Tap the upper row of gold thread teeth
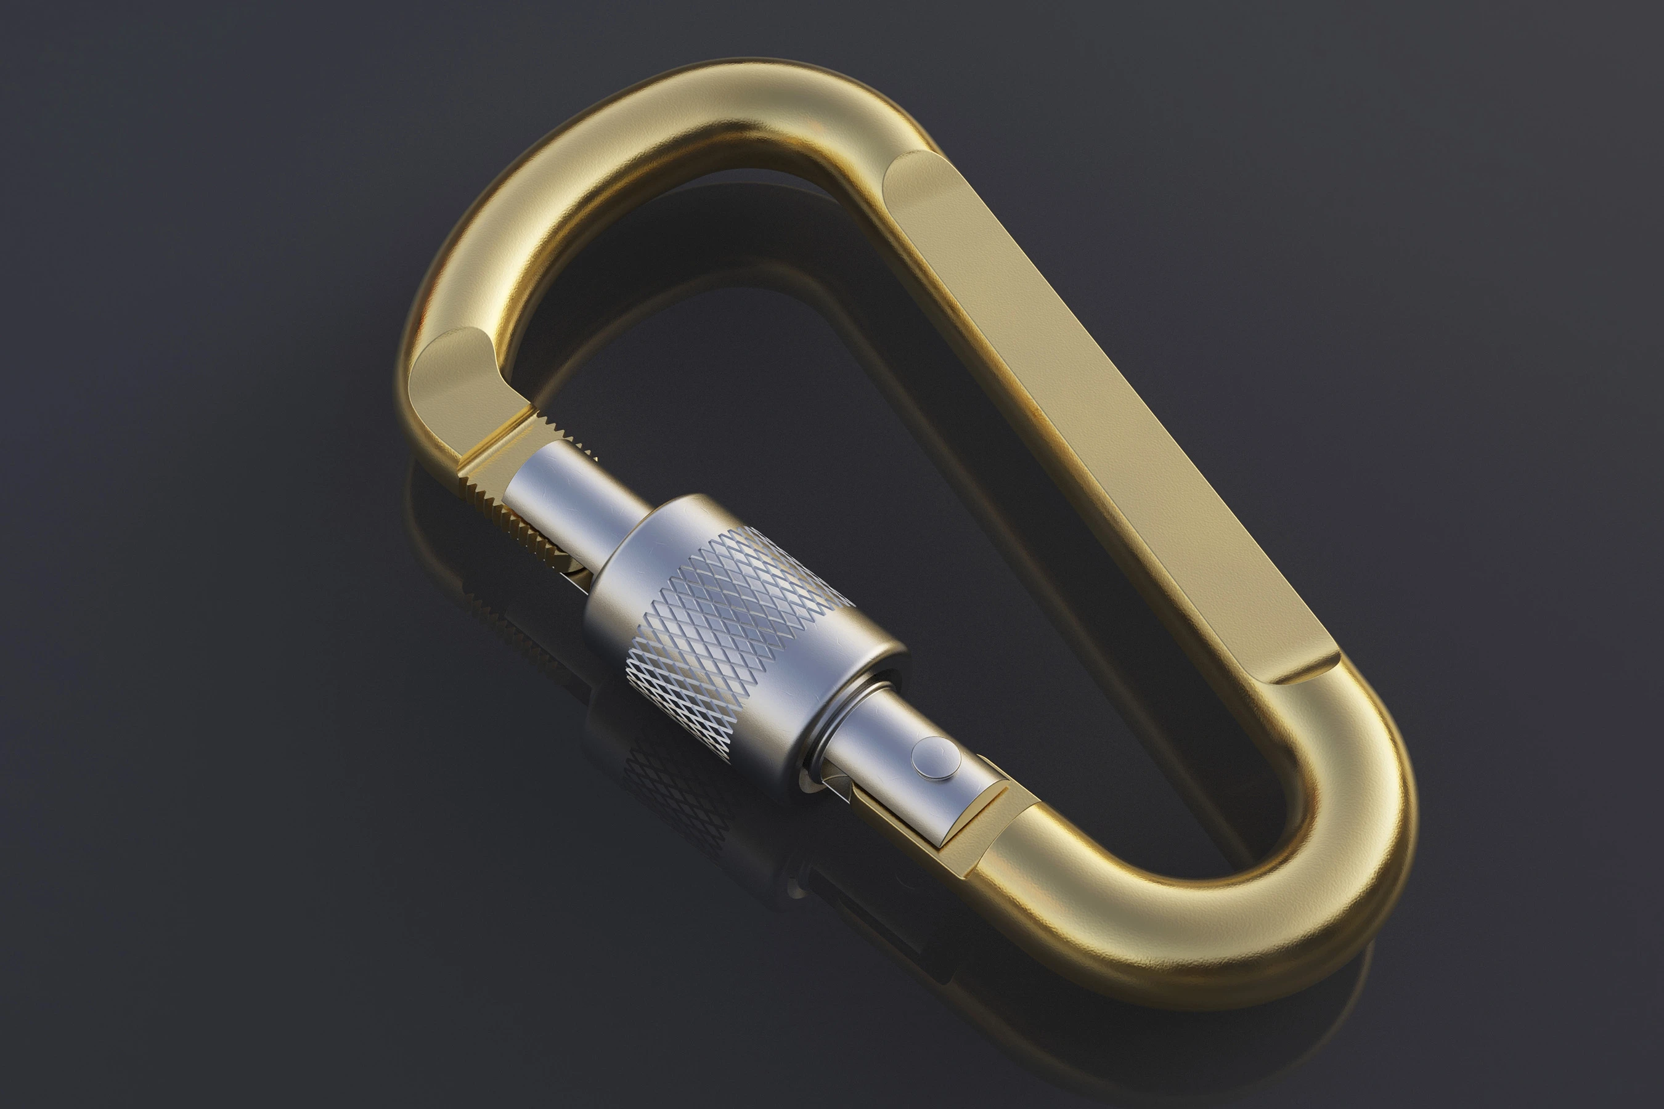(x=559, y=431)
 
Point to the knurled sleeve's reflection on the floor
(x=679, y=785)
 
